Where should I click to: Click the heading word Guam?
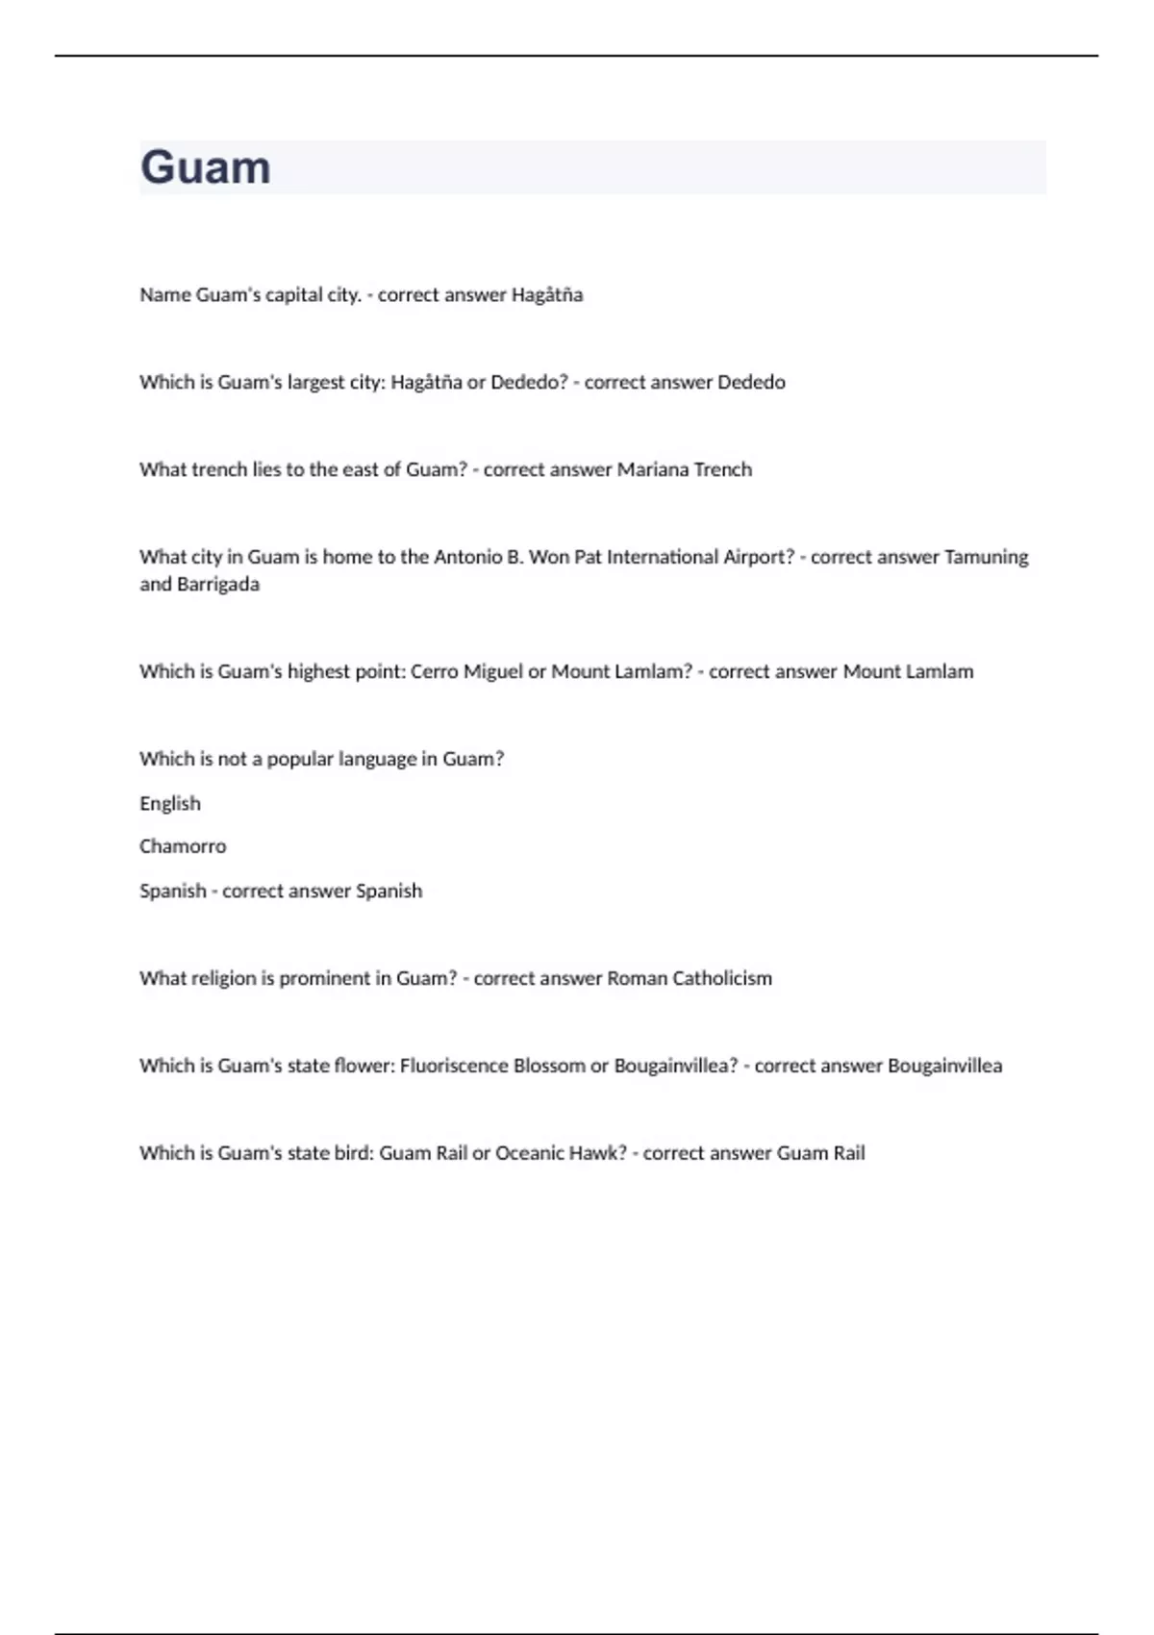click(x=205, y=167)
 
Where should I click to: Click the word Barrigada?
click(x=218, y=585)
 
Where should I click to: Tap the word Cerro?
click(x=435, y=671)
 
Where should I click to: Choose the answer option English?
click(x=170, y=803)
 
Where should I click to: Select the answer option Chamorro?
click(x=183, y=846)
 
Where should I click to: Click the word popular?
click(x=299, y=760)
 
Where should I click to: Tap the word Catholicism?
click(x=722, y=978)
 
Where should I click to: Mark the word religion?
click(x=225, y=979)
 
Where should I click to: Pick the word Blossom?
click(x=549, y=1066)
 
